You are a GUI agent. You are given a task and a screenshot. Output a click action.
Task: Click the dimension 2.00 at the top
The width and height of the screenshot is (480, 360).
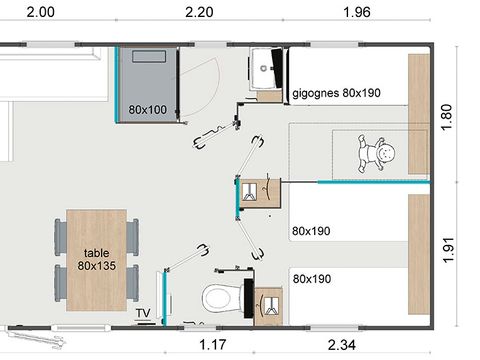point(40,13)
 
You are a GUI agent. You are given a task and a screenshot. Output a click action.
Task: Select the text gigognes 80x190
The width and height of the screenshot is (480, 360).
point(338,94)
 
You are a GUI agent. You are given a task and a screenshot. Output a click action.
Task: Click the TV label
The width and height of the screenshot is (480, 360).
point(144,313)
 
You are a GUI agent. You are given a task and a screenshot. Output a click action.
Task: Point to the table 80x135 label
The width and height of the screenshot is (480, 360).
point(97,259)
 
